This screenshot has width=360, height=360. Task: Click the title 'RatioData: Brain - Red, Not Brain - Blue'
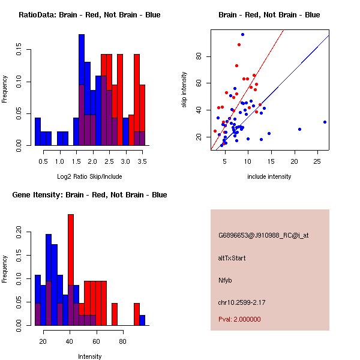89,15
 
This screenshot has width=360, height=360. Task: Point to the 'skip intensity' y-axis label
184,91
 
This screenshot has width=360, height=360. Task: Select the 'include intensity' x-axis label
269,176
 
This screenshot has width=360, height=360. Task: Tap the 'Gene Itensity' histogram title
89,195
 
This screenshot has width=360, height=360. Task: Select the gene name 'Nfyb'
225,280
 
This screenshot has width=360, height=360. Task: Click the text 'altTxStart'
232,258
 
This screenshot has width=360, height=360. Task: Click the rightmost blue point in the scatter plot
325,122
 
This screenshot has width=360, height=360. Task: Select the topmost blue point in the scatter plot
242,34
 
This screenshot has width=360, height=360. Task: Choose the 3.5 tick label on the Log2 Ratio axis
142,161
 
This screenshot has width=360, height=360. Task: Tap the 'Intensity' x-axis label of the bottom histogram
90,356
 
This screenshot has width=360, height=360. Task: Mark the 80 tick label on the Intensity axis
122,341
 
